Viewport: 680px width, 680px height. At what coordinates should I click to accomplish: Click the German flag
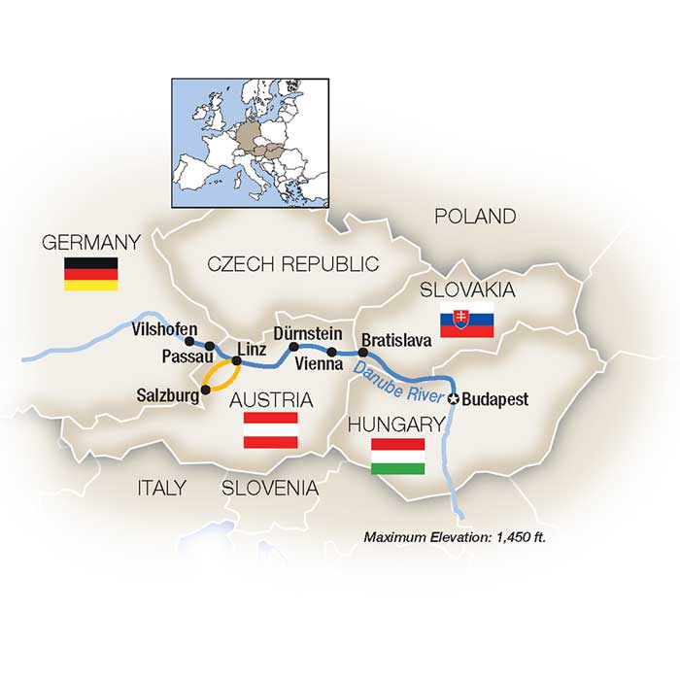(90, 273)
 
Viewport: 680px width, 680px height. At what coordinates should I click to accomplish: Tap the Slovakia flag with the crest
(467, 320)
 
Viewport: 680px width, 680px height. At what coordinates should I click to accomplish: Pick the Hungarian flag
(398, 456)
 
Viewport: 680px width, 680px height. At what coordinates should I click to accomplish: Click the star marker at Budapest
(453, 397)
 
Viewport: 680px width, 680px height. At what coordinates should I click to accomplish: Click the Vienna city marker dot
(332, 352)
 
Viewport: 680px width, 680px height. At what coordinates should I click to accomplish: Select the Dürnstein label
(308, 333)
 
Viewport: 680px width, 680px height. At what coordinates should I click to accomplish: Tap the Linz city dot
(236, 360)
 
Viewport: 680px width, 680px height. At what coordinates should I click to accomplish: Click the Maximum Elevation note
(455, 536)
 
